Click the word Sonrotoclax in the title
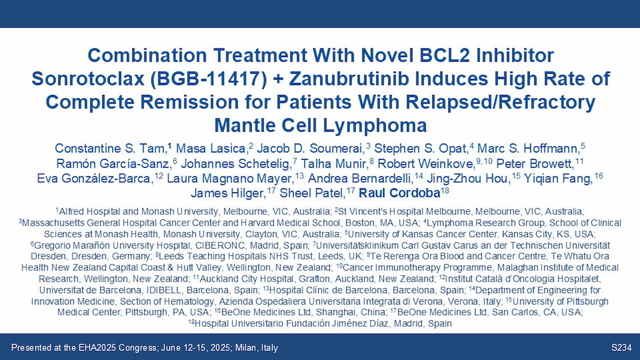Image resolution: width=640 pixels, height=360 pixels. coord(88,79)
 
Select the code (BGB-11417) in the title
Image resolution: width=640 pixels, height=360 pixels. coord(209,79)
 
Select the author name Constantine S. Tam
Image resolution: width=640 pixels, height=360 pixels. coord(110,148)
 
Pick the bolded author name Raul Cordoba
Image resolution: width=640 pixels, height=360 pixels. coord(399,193)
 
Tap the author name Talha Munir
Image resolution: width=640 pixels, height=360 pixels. coord(334,163)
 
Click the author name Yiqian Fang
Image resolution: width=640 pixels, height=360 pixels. coord(558,179)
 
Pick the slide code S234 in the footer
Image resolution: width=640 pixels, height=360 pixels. coord(621,348)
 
